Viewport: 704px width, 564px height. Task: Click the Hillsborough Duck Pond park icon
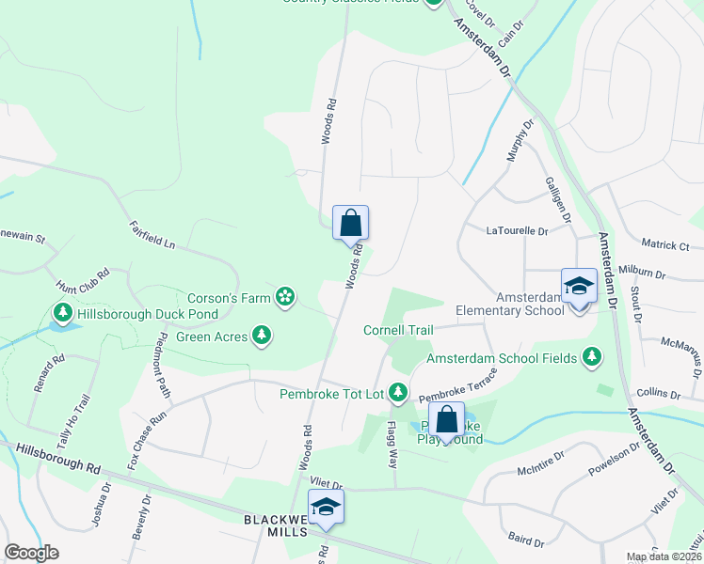[x=63, y=311]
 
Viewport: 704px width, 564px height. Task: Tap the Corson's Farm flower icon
[x=283, y=299]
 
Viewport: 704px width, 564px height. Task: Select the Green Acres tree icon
[x=262, y=336]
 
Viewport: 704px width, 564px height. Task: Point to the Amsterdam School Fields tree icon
[x=591, y=357]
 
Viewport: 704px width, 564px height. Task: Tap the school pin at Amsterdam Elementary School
[x=579, y=287]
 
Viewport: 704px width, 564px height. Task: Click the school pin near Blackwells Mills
[x=327, y=509]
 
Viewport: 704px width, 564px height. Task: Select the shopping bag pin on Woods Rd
[x=350, y=224]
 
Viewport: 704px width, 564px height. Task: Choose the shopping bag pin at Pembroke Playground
[x=447, y=420]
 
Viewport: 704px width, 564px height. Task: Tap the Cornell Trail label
[x=399, y=330]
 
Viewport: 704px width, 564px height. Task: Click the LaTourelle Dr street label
[x=517, y=230]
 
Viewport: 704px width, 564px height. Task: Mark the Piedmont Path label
[x=164, y=364]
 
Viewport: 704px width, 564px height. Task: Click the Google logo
[x=31, y=553]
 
